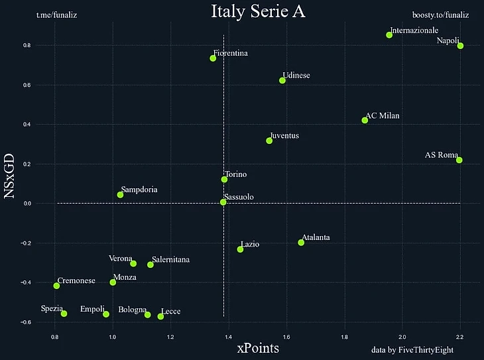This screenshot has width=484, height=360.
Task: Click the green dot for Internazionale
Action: tap(389, 34)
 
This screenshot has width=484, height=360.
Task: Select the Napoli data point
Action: tap(460, 46)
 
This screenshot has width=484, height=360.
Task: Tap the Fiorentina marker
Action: tap(213, 58)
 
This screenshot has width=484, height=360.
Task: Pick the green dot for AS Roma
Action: tap(459, 160)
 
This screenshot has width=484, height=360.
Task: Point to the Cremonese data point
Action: tap(56, 286)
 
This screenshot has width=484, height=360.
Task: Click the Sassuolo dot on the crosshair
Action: tap(223, 202)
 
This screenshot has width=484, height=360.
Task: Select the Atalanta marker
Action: tap(301, 243)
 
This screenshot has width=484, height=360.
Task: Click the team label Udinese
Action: tap(296, 76)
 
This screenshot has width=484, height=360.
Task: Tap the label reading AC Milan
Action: tap(383, 115)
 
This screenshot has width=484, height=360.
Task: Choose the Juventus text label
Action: tap(284, 135)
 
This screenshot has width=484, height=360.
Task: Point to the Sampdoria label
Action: tap(139, 190)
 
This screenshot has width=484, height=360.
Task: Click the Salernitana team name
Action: tap(171, 260)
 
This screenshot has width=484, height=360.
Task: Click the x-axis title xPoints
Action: tap(258, 347)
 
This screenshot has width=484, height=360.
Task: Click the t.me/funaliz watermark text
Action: tap(57, 14)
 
